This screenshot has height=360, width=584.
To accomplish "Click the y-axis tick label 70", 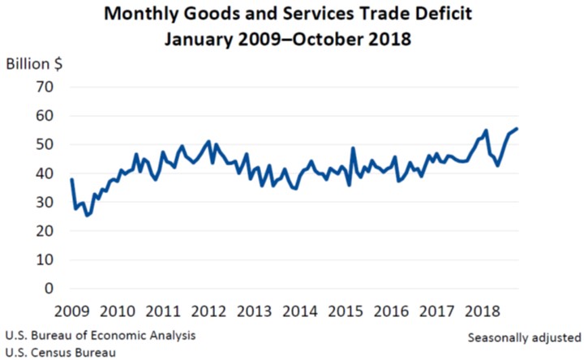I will [45, 87].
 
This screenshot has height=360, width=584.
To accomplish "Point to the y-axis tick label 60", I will [45, 116].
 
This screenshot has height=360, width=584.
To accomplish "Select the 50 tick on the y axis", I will [45, 144].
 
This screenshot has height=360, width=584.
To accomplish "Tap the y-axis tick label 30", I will [45, 202].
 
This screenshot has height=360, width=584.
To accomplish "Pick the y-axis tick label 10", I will [45, 259].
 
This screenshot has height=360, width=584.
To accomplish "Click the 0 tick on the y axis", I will [49, 289].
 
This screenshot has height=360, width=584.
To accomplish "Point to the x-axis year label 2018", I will [487, 312].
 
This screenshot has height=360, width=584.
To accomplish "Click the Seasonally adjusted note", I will [524, 336].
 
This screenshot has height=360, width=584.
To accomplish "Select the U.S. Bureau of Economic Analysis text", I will [100, 333].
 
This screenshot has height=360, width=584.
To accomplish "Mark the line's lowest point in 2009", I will [86, 215].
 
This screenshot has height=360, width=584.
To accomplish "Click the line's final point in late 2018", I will [517, 128].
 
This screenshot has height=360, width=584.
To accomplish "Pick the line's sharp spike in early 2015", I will [353, 148].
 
